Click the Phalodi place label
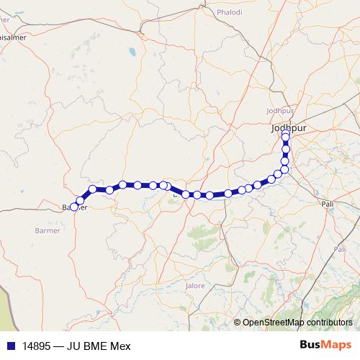click(230, 12)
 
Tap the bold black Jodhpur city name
click(286, 127)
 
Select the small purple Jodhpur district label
click(281, 111)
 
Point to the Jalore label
click(195, 286)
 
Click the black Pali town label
click(329, 204)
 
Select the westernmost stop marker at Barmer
click(74, 207)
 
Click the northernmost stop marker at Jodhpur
click(286, 133)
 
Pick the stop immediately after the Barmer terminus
click(80, 201)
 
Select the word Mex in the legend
click(120, 345)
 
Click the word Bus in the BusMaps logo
click(311, 345)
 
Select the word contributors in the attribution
click(330, 323)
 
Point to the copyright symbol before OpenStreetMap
click(237, 323)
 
